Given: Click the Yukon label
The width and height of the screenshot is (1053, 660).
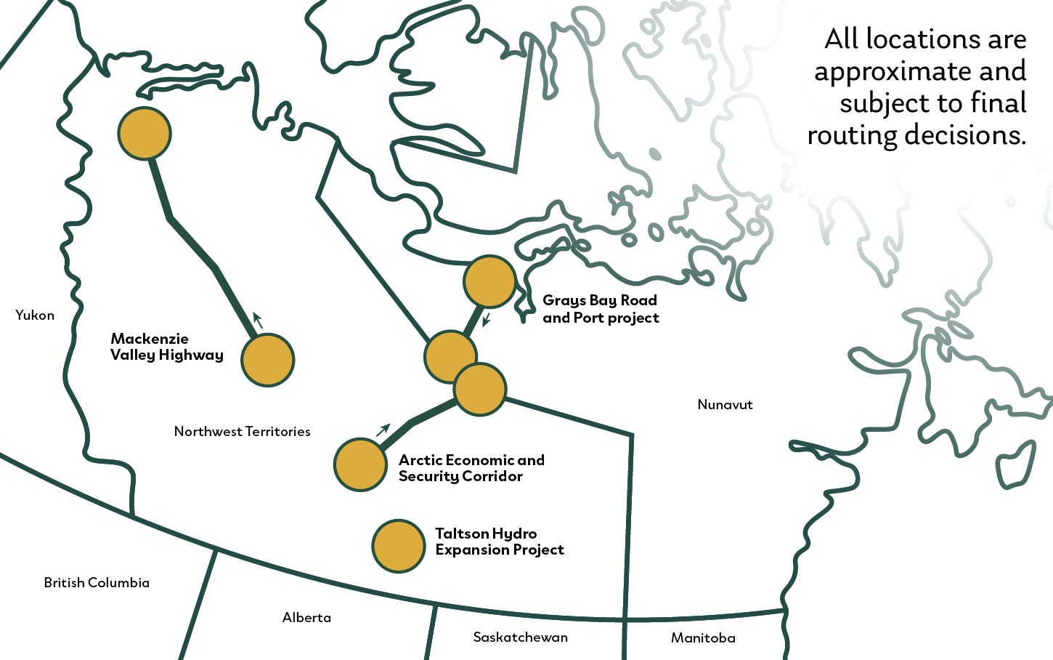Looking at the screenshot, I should tap(35, 315).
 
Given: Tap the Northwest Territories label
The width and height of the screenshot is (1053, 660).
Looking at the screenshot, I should tap(242, 431).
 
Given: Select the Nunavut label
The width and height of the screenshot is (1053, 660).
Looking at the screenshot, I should tap(725, 404).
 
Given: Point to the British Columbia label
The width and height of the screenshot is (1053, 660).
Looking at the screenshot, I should tap(97, 582).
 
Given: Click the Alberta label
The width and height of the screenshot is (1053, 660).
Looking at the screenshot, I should tap(306, 617).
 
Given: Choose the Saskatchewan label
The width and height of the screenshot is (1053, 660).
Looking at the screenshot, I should tap(520, 637).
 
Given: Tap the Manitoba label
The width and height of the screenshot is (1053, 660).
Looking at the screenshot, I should tap(702, 637).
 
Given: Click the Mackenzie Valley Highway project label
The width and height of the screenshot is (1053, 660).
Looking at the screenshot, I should tap(166, 347).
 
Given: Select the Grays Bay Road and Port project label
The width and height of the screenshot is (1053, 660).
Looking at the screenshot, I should tap(601, 309).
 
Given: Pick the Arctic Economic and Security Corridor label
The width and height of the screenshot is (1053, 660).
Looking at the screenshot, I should tap(471, 468).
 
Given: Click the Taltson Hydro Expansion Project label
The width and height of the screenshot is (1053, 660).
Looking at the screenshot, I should tap(499, 542).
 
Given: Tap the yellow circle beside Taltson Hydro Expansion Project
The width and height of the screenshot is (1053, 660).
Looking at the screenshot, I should tap(398, 546).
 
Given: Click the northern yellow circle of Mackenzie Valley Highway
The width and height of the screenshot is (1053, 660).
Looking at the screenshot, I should tap(145, 133).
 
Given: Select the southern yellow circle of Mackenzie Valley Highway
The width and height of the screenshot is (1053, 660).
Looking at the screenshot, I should tap(267, 360).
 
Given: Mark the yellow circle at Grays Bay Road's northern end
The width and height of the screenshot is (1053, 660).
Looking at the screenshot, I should tap(489, 281).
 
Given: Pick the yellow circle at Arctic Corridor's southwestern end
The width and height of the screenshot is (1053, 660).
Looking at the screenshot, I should tap(360, 464).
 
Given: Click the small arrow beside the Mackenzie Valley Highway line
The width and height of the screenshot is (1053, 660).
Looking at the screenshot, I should tap(257, 320).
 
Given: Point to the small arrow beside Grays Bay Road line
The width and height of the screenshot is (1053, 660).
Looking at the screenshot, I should tap(487, 319).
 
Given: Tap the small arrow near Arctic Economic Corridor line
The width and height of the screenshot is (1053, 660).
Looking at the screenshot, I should tap(383, 430).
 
